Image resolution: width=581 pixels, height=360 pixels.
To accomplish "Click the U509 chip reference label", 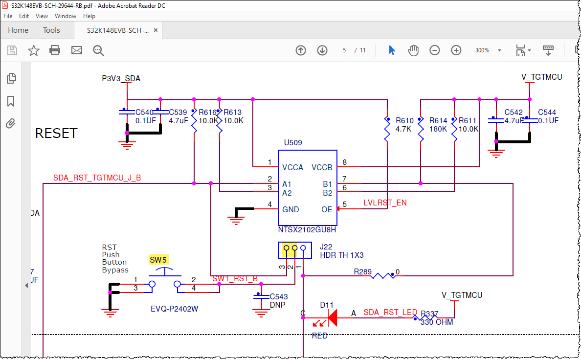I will (293, 143).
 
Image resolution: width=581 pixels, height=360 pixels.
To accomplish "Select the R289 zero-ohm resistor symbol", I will (383, 276).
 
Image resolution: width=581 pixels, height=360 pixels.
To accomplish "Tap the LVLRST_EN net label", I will (385, 202).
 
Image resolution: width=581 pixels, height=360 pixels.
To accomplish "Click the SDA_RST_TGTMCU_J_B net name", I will (97, 178).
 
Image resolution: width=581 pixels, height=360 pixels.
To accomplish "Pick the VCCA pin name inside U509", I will (293, 167).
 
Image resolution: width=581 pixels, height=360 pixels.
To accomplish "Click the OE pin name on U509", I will (326, 209).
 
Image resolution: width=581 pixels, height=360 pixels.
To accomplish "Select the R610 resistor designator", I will (404, 121).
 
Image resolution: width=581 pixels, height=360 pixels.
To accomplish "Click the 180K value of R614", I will (438, 129).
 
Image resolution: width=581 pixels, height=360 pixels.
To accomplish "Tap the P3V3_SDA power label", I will (121, 78).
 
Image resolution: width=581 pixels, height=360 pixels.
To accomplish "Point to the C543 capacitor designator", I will (279, 296).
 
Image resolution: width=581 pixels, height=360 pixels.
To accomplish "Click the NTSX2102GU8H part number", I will (307, 229).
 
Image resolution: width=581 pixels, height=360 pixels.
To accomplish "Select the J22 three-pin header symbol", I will (294, 250).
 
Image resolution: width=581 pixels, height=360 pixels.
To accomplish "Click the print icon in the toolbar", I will (55, 50).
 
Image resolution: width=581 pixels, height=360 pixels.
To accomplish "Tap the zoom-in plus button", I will (456, 50).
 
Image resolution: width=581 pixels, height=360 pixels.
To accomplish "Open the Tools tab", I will (51, 30).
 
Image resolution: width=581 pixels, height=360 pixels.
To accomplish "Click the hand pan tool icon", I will (413, 50).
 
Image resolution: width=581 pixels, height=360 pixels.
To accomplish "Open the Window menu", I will (65, 16).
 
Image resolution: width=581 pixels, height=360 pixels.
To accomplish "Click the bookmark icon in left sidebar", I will (11, 101).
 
